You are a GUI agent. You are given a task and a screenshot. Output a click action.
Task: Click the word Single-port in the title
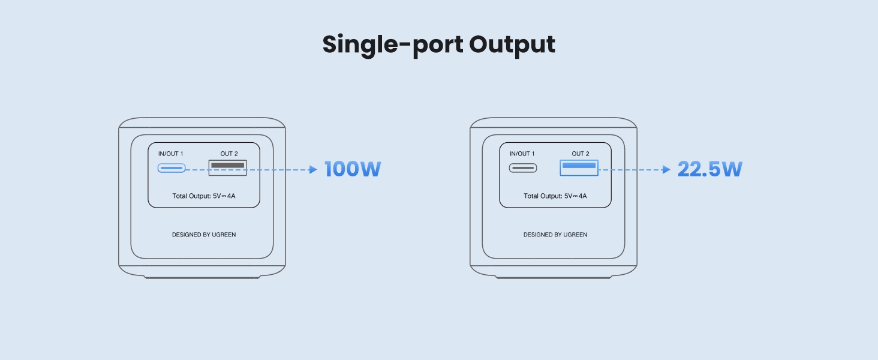point(393,45)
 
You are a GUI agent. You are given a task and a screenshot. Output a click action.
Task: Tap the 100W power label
point(353,170)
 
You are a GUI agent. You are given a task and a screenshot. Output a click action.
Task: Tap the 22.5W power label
point(710,170)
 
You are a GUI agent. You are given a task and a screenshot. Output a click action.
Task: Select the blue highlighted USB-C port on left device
point(172,168)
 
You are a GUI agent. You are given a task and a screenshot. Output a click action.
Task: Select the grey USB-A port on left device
point(227,167)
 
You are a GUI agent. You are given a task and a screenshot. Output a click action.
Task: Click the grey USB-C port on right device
point(523,168)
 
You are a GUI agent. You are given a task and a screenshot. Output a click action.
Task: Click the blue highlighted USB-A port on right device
point(579,167)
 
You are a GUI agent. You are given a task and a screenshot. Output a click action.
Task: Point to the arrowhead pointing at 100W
point(312,170)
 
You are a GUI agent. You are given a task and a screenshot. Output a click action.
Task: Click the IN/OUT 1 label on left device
point(171,154)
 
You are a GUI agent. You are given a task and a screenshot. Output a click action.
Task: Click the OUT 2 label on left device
point(229,154)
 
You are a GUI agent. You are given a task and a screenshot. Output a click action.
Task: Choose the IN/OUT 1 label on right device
point(522,154)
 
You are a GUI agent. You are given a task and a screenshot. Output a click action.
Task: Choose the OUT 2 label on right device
point(581,154)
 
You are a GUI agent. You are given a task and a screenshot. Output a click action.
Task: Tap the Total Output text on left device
point(204,196)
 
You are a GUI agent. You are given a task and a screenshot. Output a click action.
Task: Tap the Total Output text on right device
point(555,196)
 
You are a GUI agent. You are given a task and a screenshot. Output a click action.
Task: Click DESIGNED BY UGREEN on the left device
point(204,235)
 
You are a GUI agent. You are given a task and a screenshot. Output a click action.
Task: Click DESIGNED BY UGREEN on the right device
point(555,235)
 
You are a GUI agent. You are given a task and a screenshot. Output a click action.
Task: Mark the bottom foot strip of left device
point(203,277)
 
